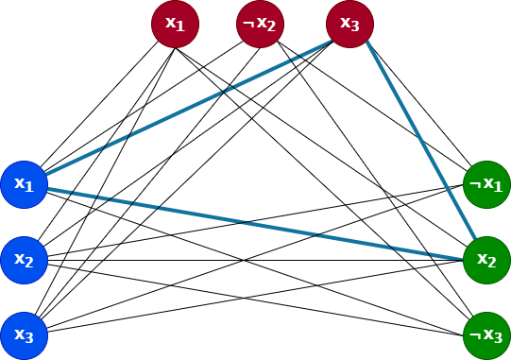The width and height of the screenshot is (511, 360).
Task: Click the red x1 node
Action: tap(175, 24)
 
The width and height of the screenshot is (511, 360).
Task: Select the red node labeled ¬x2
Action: tap(260, 24)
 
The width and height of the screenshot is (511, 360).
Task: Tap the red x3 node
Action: tap(349, 24)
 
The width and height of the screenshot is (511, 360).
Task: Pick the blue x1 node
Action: tap(24, 184)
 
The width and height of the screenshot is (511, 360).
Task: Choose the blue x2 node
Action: tap(24, 260)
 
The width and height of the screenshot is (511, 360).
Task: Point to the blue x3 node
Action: tap(24, 335)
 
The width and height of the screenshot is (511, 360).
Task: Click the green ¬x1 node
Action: tap(486, 184)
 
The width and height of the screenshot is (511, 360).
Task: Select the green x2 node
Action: tap(486, 260)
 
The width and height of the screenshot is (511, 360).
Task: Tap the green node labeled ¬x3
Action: tap(486, 335)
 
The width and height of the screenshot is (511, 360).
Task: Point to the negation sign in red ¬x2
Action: tap(246, 23)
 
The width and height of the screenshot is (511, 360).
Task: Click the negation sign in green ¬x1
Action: tap(473, 183)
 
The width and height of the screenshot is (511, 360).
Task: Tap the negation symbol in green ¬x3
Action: tap(473, 334)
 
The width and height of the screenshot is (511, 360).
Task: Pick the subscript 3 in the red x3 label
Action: tap(356, 27)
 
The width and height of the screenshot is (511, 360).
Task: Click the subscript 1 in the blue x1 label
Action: tap(30, 188)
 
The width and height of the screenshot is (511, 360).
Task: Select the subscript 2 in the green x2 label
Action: tap(493, 264)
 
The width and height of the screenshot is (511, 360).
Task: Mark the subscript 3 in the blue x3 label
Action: tap(30, 339)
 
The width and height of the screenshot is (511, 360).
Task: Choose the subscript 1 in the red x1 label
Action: tap(181, 27)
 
